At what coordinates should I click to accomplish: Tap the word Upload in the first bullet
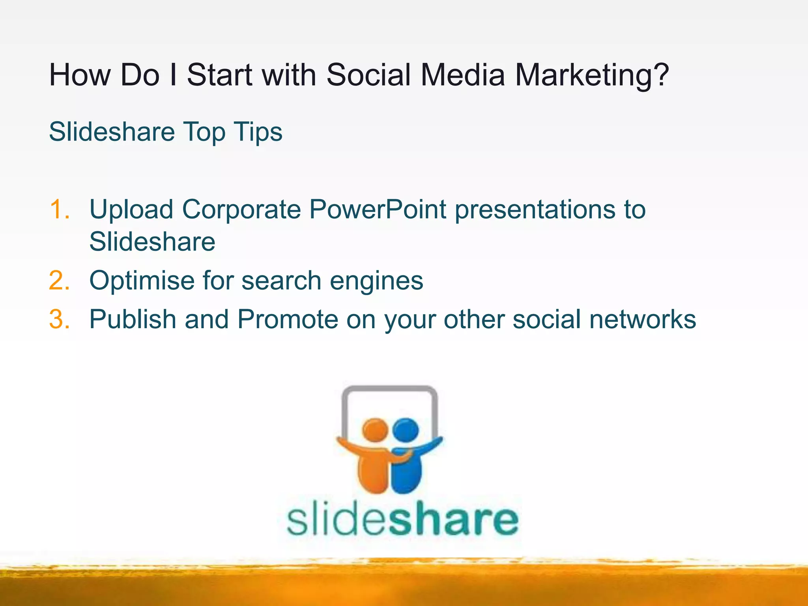[x=131, y=210]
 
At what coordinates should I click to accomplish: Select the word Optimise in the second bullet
[x=142, y=281]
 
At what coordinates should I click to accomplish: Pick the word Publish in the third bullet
[x=132, y=319]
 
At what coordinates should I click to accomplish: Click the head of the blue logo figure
[x=406, y=430]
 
